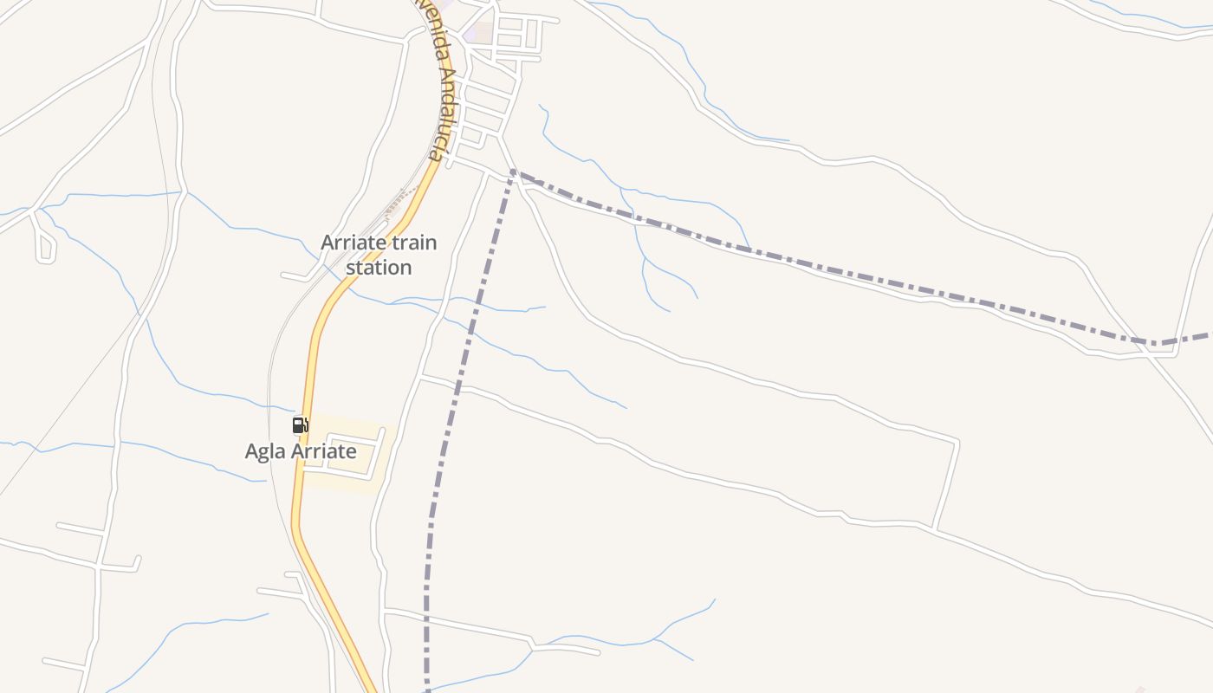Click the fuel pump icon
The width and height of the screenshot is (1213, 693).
300,424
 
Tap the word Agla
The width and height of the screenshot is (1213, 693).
265,451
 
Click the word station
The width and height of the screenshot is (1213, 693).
379,268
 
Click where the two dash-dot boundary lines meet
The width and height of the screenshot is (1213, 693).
512,172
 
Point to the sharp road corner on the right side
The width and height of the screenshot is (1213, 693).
957,443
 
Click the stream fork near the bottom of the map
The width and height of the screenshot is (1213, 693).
656,639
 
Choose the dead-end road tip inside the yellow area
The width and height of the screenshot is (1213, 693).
382,430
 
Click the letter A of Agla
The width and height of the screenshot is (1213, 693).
252,451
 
